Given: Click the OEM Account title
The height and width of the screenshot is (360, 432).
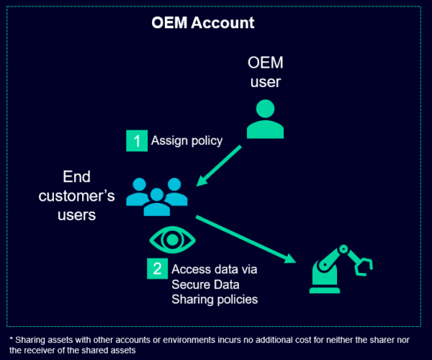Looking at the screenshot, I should point(202,23).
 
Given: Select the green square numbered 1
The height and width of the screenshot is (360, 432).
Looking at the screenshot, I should point(135,140).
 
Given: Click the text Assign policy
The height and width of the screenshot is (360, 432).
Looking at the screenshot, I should point(186,140).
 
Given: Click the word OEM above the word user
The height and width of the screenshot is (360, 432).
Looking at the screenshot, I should point(265,63).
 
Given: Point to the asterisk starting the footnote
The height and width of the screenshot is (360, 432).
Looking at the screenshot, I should point(11,338).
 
